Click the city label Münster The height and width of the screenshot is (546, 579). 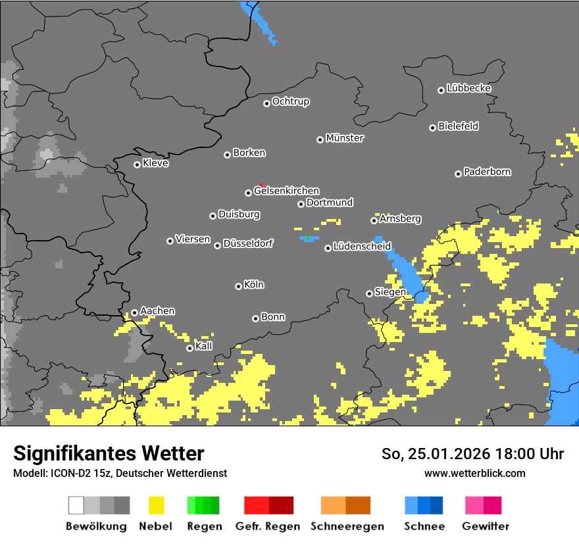345,138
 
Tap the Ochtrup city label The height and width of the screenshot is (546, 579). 291,102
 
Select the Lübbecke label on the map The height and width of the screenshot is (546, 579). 469,88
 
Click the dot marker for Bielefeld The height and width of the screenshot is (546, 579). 433,128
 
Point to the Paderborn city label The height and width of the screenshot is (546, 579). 488,172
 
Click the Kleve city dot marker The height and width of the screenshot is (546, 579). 137,164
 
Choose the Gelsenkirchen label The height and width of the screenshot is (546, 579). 286,191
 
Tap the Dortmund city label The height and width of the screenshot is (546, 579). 330,203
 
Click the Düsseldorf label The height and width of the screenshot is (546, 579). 248,243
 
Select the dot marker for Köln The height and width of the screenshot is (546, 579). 238,286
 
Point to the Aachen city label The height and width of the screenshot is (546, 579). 157,311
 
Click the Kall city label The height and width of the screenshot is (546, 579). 204,346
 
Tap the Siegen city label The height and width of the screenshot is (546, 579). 390,292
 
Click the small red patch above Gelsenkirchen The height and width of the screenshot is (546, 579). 263,186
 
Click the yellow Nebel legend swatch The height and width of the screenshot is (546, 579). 157,505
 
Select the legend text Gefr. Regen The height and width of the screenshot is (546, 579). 268,526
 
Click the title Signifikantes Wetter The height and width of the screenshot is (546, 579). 109,453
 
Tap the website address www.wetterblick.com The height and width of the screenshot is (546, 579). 474,473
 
